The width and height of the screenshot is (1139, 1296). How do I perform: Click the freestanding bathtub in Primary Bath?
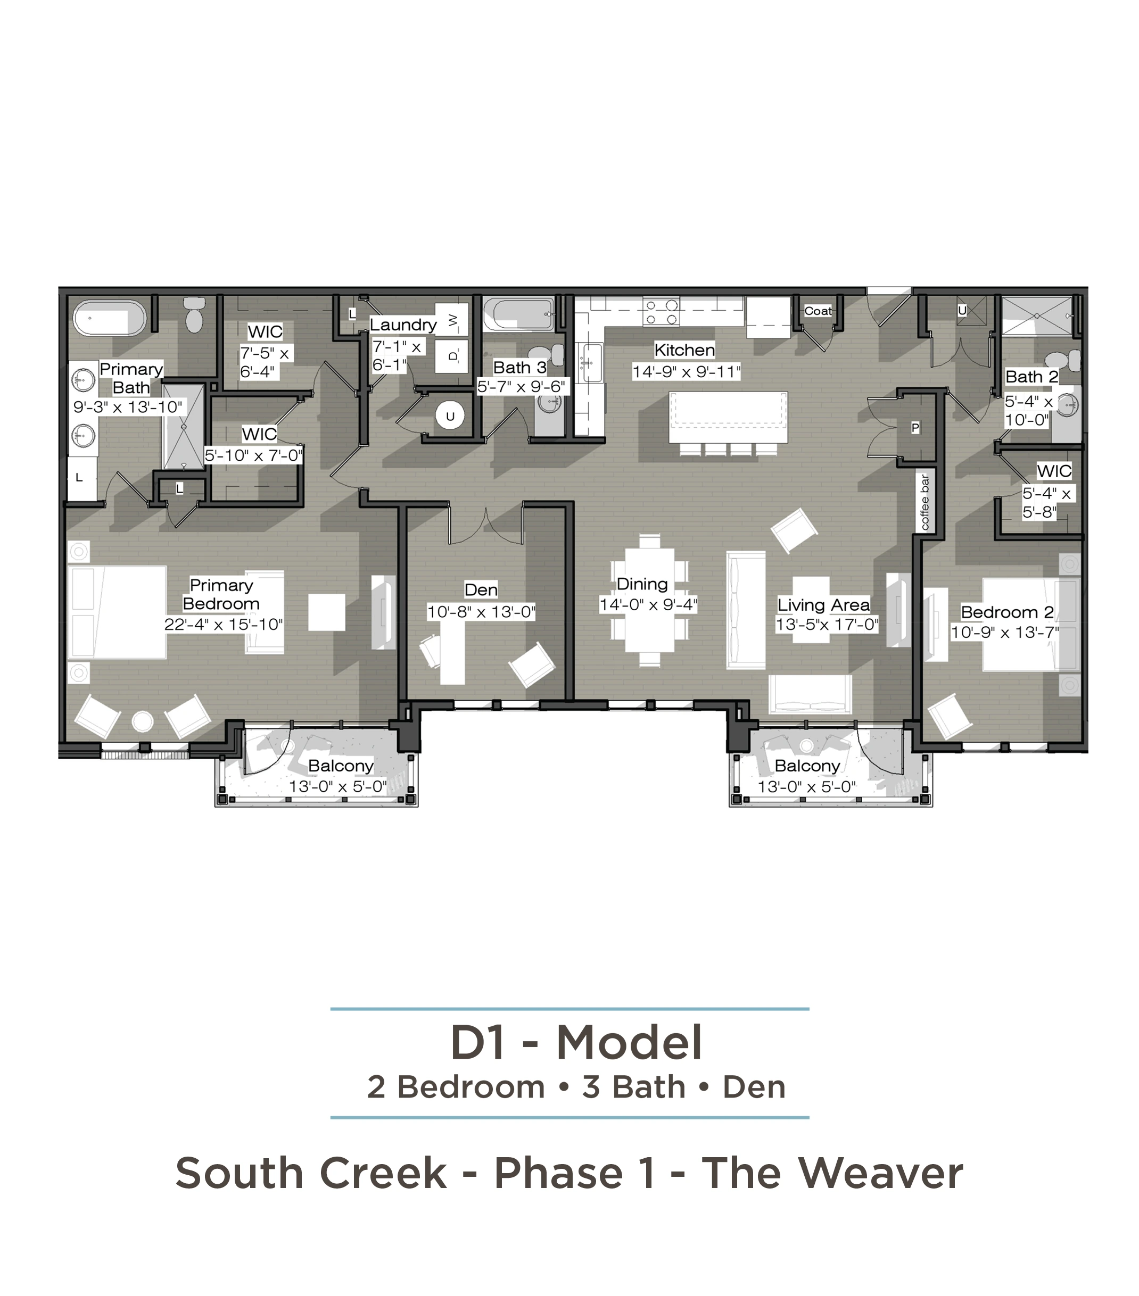pos(110,318)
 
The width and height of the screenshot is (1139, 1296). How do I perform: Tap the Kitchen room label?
pos(684,350)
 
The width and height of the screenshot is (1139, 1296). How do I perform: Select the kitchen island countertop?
pos(728,417)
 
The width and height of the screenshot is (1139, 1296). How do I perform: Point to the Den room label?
pos(481,589)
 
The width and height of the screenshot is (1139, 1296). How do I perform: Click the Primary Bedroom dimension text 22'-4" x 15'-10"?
pos(223,625)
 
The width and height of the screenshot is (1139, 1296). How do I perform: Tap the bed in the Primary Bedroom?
pos(117,612)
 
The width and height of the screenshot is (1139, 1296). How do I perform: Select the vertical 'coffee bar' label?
pos(925,502)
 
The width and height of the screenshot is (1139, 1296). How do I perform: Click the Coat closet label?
pos(818,311)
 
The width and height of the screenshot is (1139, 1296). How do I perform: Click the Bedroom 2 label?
pos(1007,612)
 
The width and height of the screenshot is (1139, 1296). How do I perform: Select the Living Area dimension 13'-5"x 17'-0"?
pos(827,625)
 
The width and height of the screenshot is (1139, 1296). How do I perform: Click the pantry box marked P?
pos(915,427)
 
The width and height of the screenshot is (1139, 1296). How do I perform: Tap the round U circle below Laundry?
pos(450,417)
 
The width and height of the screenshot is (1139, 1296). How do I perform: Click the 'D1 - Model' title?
pos(576,1042)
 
